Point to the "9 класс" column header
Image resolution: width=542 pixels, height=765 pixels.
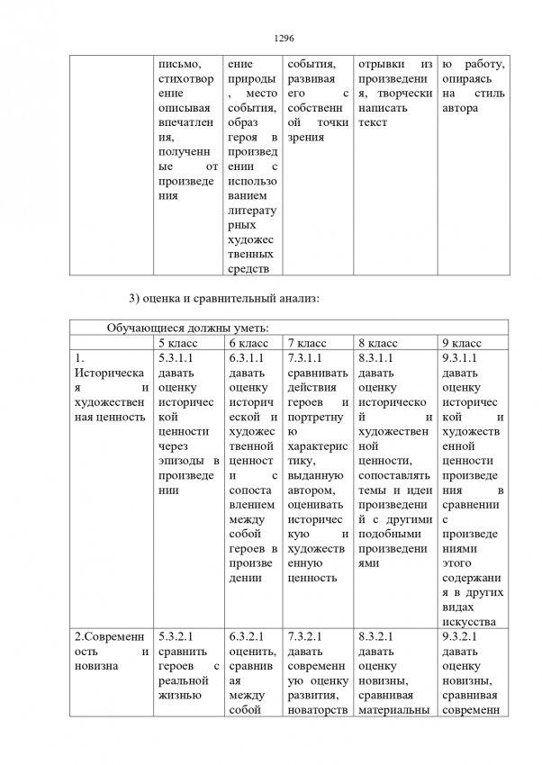[463, 343]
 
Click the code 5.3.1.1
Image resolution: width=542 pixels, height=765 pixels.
[176, 357]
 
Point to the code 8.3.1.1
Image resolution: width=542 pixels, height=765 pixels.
[377, 357]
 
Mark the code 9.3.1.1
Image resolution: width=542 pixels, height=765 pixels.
[464, 357]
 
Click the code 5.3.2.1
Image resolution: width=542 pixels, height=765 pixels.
[176, 636]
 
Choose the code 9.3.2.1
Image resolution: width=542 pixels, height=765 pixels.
[464, 636]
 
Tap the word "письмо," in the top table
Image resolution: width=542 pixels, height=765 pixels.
[179, 65]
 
